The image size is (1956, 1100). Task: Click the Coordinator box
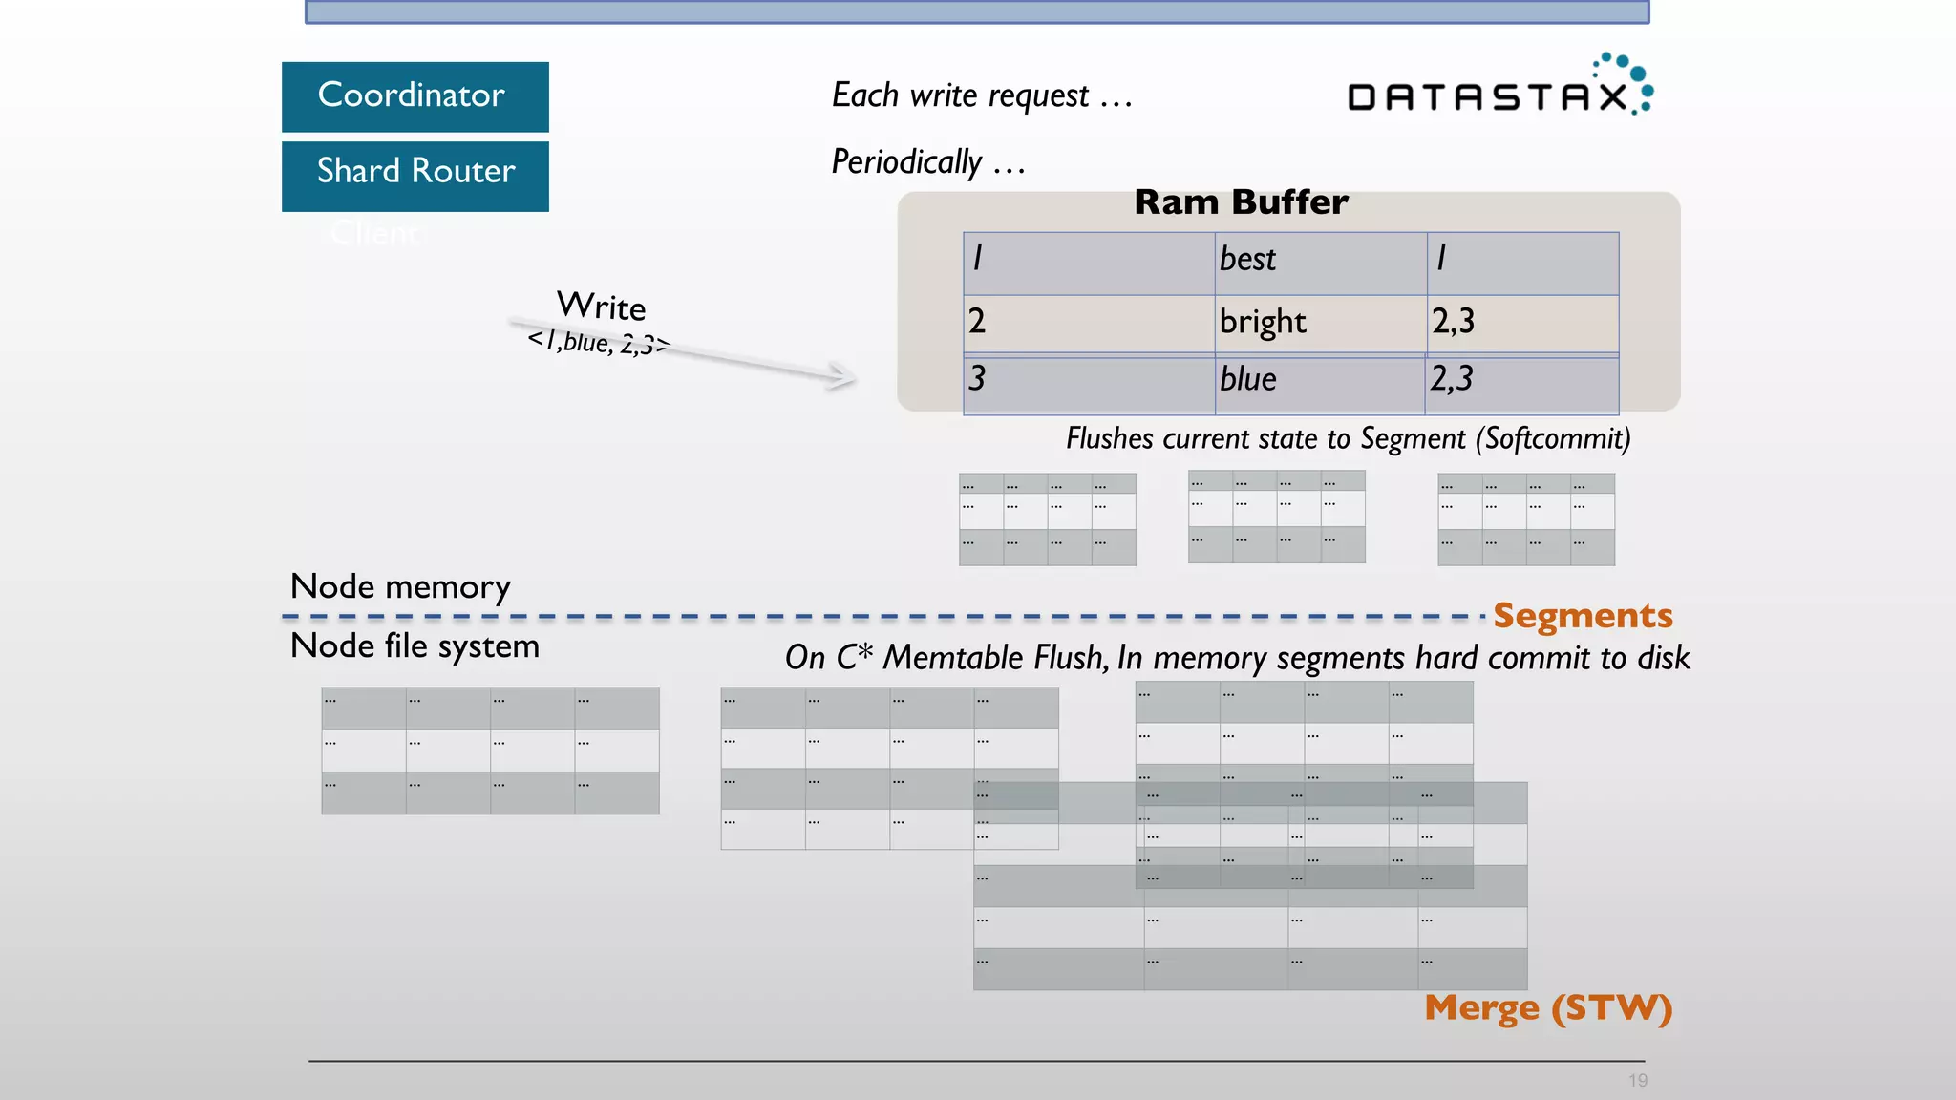415,96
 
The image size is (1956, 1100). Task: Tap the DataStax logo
1499,88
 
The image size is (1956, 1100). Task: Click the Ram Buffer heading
1241,202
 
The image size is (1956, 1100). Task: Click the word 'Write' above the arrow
601,307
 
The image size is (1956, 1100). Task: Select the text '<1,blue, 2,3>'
599,342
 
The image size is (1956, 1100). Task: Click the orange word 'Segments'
1583,616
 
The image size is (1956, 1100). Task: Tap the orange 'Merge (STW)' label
1547,1008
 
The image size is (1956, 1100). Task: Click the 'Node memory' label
400,586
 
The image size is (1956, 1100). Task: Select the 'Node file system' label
415,646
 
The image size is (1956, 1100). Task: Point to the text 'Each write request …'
981,95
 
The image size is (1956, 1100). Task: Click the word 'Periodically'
906,162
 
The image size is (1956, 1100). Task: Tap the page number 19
1638,1081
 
